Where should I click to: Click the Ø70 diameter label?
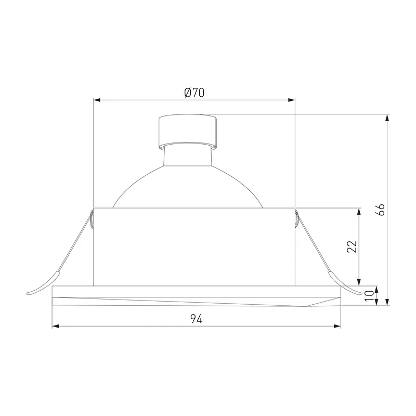tap(194, 93)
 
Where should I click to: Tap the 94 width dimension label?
tap(197, 319)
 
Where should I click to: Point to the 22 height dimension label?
tap(352, 246)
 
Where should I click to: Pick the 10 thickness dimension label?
tap(369, 296)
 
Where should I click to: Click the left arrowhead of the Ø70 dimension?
tap(97, 100)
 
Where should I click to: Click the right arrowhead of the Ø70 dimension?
tap(292, 100)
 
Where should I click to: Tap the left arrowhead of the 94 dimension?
tap(56, 326)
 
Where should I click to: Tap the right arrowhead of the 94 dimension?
tap(337, 326)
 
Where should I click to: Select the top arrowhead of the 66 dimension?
tap(387, 118)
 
